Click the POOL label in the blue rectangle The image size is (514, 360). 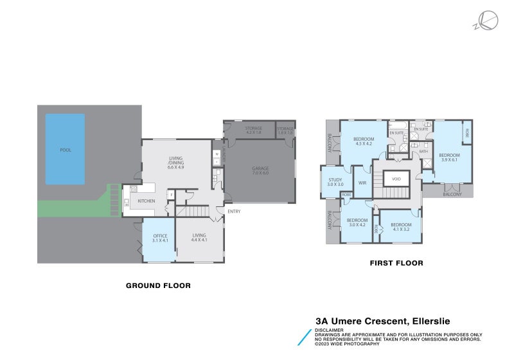pyautogui.click(x=64, y=150)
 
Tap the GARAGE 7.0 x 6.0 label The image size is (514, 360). pyautogui.click(x=260, y=170)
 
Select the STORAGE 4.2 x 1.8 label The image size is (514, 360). pyautogui.click(x=254, y=130)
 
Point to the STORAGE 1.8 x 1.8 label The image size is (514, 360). pyautogui.click(x=285, y=130)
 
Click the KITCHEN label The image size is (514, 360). pyautogui.click(x=146, y=201)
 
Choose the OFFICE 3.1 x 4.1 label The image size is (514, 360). pyautogui.click(x=160, y=238)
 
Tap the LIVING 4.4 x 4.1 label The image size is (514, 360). pyautogui.click(x=199, y=238)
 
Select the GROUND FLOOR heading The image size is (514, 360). pyautogui.click(x=158, y=285)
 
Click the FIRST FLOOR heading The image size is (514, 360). pyautogui.click(x=396, y=263)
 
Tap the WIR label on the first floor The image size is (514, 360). pyautogui.click(x=362, y=183)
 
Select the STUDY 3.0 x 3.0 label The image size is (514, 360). pyautogui.click(x=335, y=182)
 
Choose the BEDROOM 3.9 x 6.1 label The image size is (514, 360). pyautogui.click(x=449, y=157)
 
